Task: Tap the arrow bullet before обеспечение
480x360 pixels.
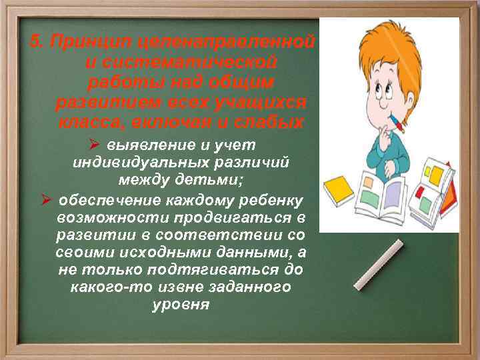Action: [46, 200]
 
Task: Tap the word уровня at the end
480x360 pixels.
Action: [181, 305]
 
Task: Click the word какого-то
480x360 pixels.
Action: [105, 288]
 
